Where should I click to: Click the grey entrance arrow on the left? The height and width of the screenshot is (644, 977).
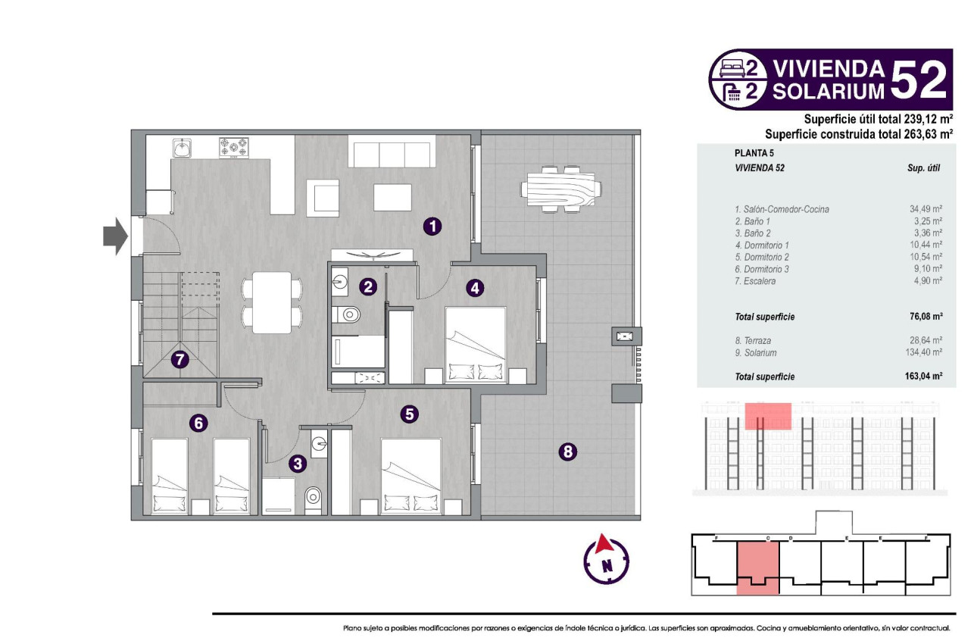tap(116, 236)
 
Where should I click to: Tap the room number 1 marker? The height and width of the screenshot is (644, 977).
tap(432, 226)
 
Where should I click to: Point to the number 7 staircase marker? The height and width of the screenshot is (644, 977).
tap(179, 360)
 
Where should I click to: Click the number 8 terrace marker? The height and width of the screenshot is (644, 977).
tap(568, 452)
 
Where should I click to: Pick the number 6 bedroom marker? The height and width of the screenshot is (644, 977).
tap(198, 423)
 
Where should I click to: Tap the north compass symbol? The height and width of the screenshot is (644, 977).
tap(606, 561)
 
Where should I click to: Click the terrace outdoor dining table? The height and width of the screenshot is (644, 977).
tap(561, 189)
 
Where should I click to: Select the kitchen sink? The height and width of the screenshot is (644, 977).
tap(182, 147)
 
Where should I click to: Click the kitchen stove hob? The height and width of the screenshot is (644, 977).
tap(234, 147)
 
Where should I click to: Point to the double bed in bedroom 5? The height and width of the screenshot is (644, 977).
tap(411, 477)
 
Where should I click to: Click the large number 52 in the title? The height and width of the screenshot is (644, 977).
tap(919, 80)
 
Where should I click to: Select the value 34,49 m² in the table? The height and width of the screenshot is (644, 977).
tap(925, 208)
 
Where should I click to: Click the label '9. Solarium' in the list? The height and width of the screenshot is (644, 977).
tap(755, 352)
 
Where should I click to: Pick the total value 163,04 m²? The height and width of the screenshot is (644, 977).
tap(921, 377)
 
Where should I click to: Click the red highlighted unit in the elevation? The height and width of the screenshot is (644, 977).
tap(768, 416)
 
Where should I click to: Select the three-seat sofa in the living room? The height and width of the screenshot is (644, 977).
tap(391, 151)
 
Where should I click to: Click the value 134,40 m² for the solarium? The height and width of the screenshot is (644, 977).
tap(924, 352)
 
